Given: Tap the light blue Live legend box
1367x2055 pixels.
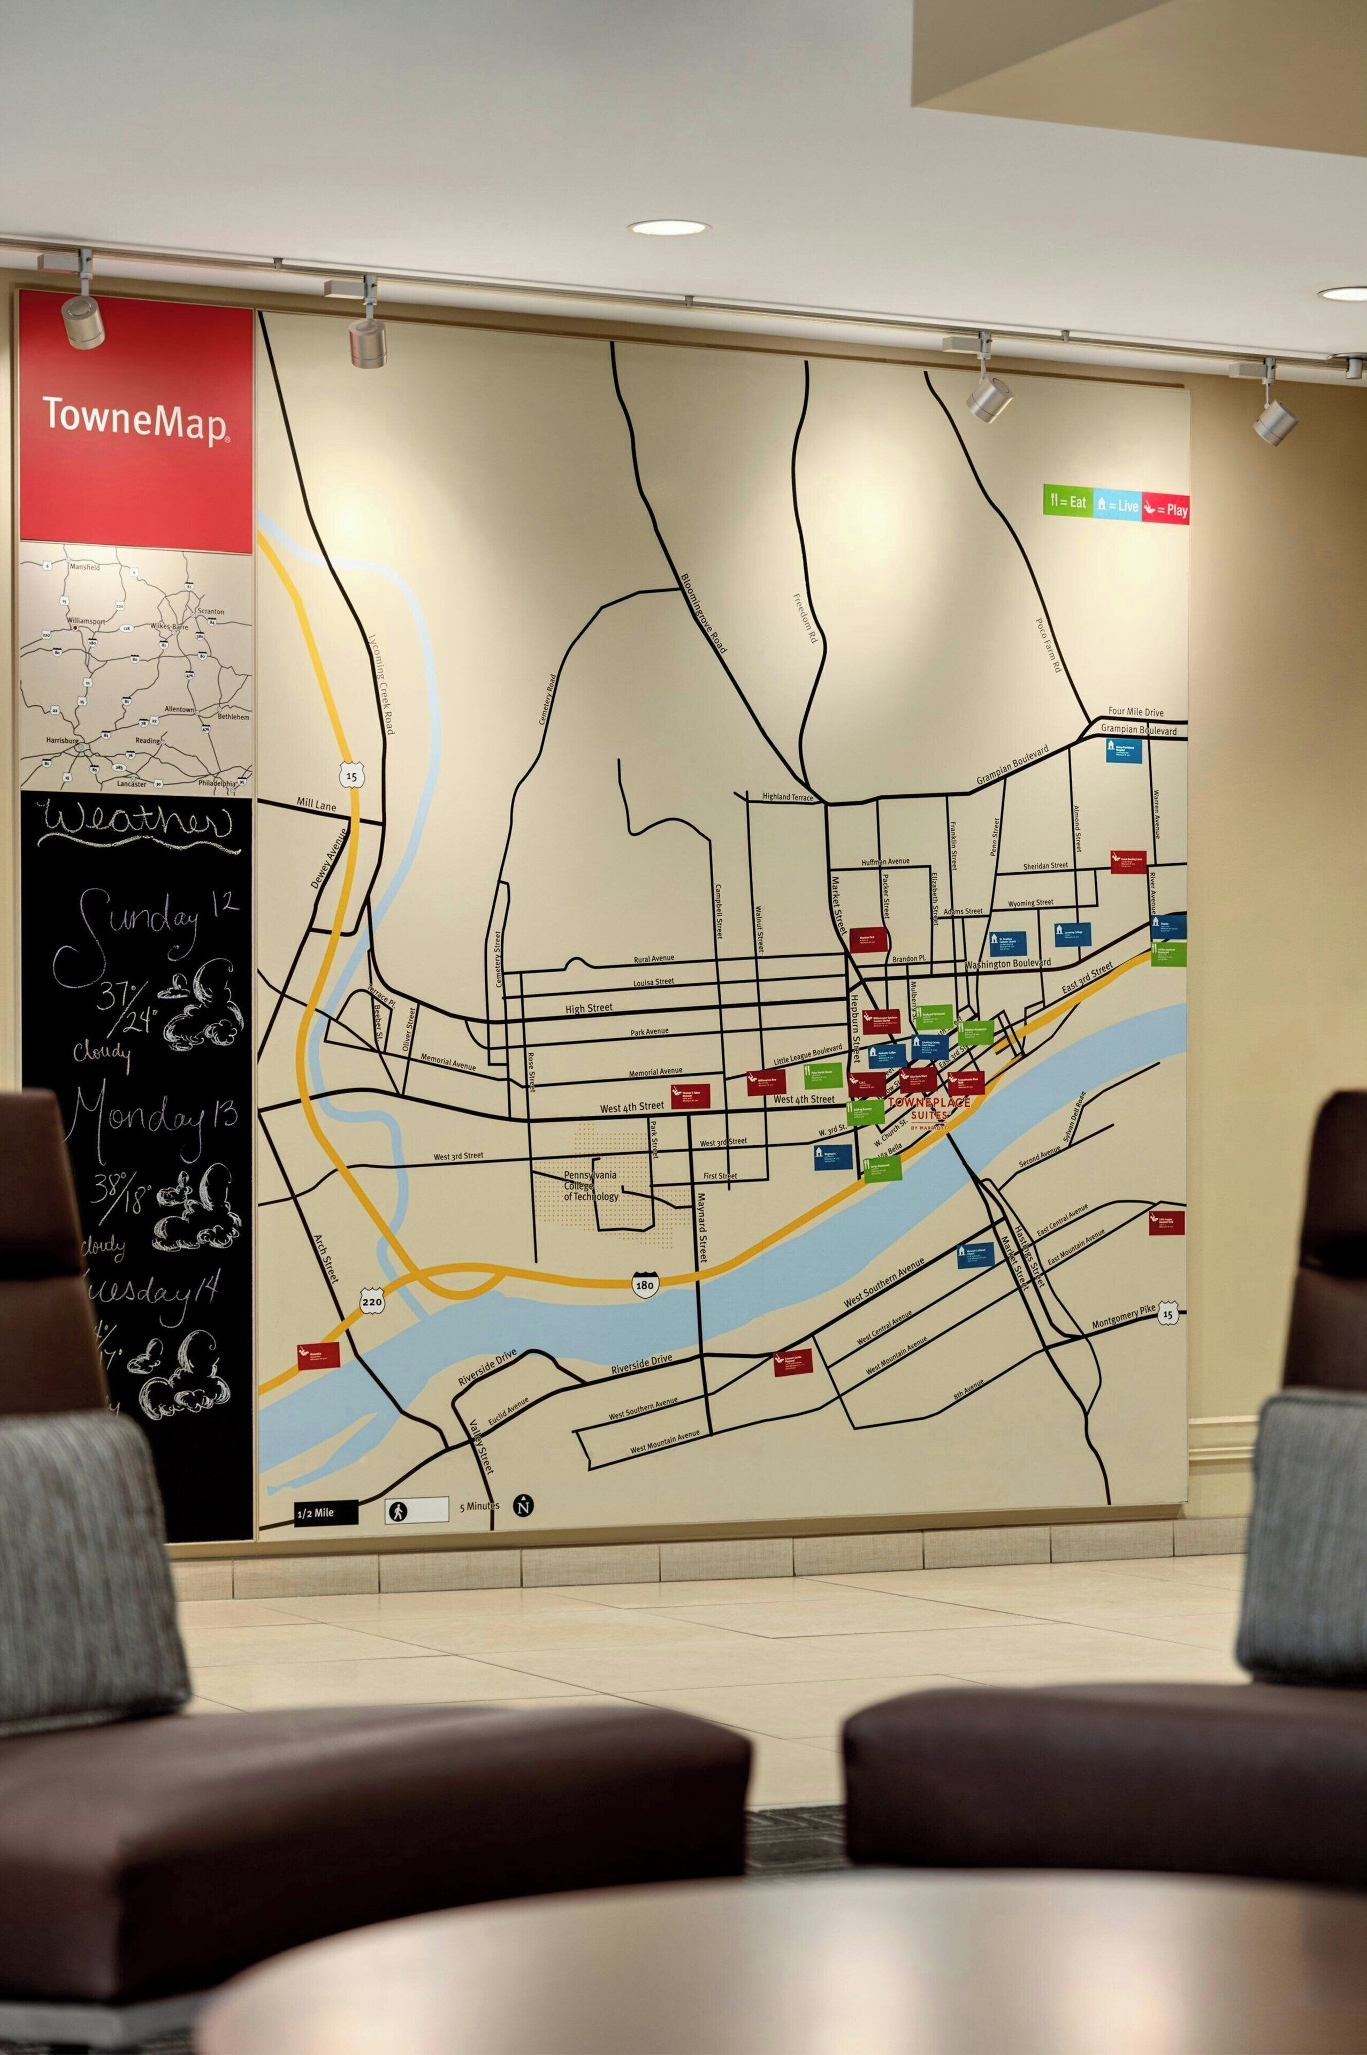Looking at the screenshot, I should [x=1117, y=505].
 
